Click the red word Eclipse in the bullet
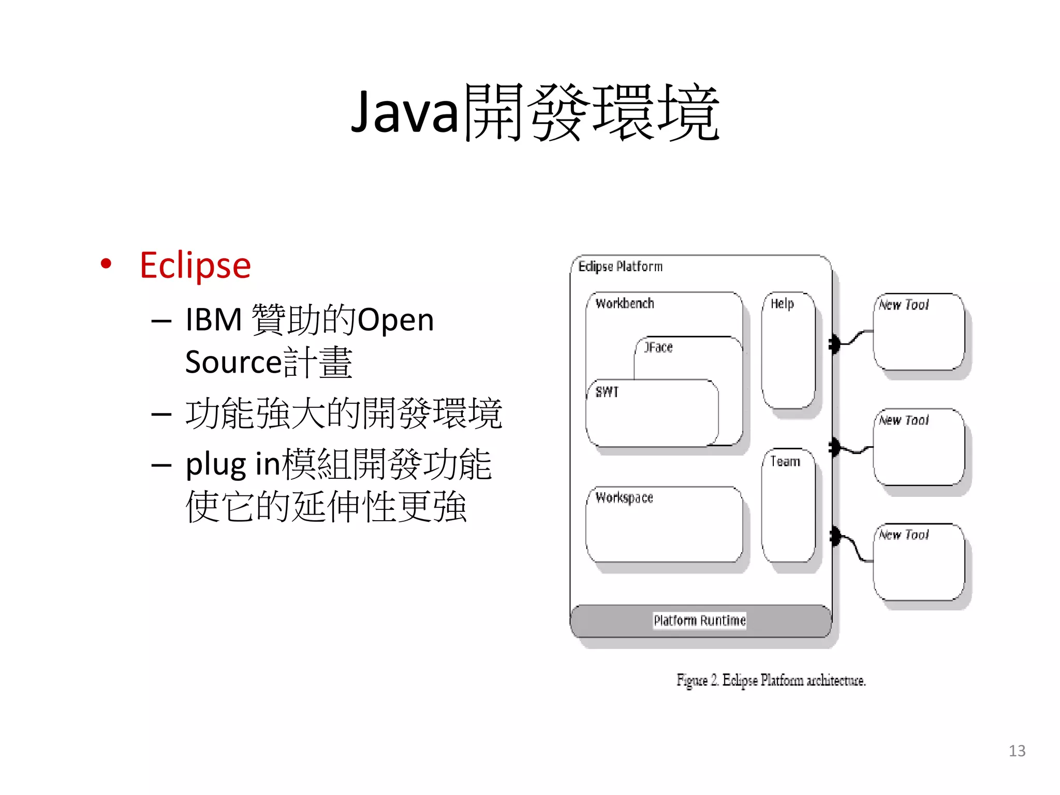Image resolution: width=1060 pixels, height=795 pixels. click(195, 266)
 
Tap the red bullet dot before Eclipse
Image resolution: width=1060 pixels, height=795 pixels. click(106, 263)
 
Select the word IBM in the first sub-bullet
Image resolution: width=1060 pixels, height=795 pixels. click(214, 319)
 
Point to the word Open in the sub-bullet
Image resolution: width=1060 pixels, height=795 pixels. click(396, 320)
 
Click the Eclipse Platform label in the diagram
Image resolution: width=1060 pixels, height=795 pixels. click(620, 267)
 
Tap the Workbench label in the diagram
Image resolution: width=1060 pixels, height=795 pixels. click(625, 304)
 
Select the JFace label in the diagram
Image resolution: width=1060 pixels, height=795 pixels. click(658, 347)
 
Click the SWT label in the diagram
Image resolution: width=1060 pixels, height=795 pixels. click(607, 392)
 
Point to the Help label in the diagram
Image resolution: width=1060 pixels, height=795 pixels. click(782, 304)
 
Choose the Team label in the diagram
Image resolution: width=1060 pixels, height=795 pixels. click(785, 461)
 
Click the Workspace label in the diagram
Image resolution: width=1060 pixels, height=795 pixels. click(624, 498)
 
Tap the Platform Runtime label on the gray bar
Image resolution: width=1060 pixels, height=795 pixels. click(700, 621)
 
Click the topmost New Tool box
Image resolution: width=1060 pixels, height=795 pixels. click(919, 332)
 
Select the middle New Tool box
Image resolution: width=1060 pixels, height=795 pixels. click(919, 447)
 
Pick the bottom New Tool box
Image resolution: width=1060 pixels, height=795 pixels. click(919, 562)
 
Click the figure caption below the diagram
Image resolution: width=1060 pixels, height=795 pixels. click(771, 680)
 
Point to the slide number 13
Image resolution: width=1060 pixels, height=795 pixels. click(1017, 751)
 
